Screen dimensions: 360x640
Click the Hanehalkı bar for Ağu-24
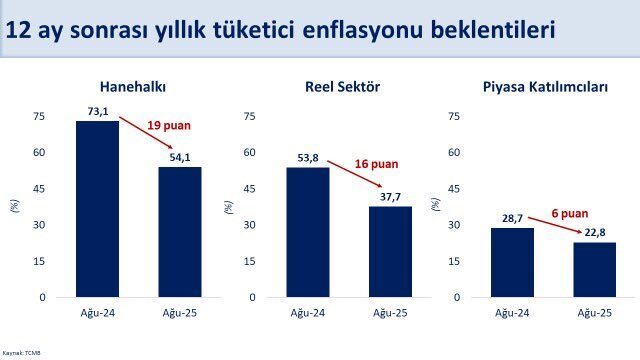(97, 209)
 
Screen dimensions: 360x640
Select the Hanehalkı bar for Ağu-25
(180, 232)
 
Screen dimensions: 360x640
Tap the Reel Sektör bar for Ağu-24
(308, 232)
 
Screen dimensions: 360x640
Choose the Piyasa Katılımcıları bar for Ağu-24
(512, 262)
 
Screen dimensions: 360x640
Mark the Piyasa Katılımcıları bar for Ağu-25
(595, 270)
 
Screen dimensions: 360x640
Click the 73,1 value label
(97, 113)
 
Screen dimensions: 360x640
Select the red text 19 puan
(169, 125)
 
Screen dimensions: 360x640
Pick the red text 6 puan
(569, 213)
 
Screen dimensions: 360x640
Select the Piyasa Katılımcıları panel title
(545, 87)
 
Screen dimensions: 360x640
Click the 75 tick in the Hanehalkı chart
(39, 116)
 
